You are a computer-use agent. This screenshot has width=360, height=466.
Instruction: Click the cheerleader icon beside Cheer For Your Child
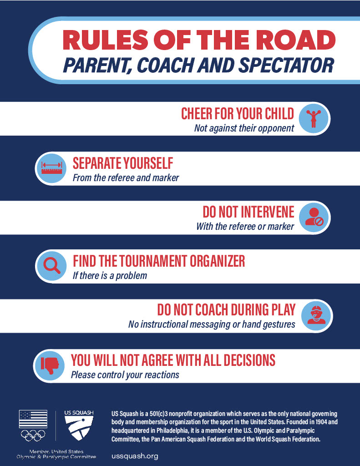point(313,119)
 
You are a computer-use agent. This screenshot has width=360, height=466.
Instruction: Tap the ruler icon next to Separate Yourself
point(52,168)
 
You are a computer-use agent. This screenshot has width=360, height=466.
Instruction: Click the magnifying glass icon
point(52,265)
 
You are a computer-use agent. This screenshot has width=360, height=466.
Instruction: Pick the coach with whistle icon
point(316,315)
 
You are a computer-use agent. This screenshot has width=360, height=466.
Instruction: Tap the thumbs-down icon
point(49,365)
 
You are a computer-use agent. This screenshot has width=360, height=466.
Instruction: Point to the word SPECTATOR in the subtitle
point(287,66)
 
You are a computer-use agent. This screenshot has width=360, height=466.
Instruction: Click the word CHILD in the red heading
point(279,114)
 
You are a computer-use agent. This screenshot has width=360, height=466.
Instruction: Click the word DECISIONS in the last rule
point(249,360)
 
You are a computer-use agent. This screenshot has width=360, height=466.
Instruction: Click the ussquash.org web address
point(135,456)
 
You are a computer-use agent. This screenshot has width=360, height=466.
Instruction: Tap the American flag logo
point(33,419)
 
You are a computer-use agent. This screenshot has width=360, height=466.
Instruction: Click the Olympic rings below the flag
point(33,436)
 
